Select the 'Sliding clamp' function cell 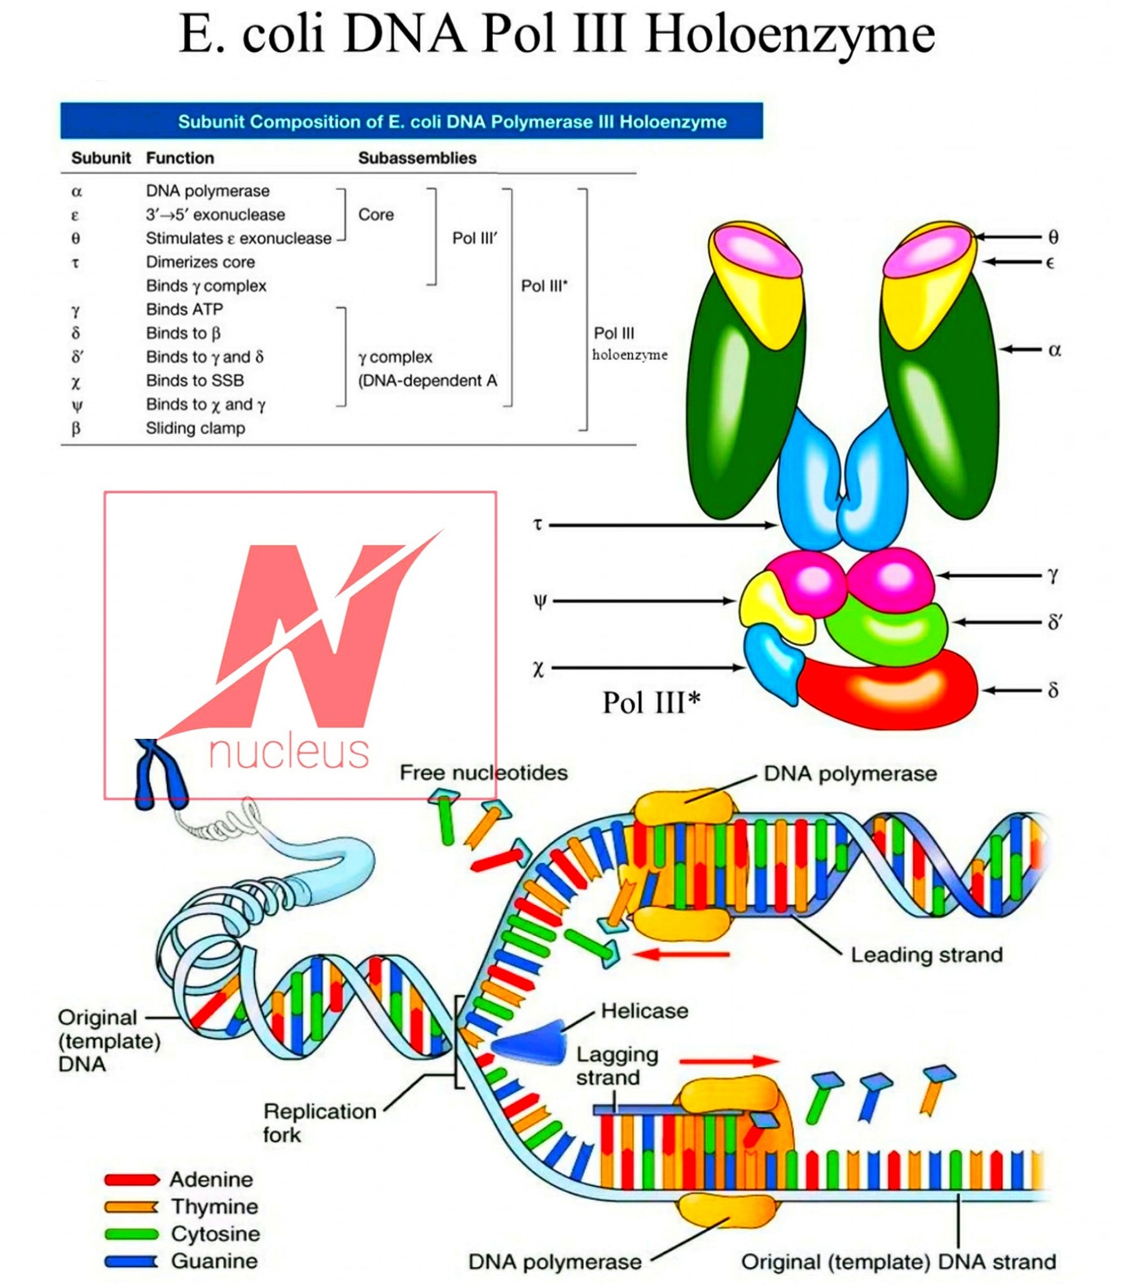(195, 428)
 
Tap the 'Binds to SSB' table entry (195, 381)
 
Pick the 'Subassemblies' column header (417, 158)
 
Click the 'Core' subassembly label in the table (375, 215)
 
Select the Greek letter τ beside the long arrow (537, 524)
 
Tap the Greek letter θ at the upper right (1054, 237)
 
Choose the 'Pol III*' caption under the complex (651, 703)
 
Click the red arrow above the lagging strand (729, 1061)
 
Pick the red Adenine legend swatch (131, 1179)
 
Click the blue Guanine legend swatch (131, 1261)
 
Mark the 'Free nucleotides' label (483, 772)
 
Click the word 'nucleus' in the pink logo (289, 752)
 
